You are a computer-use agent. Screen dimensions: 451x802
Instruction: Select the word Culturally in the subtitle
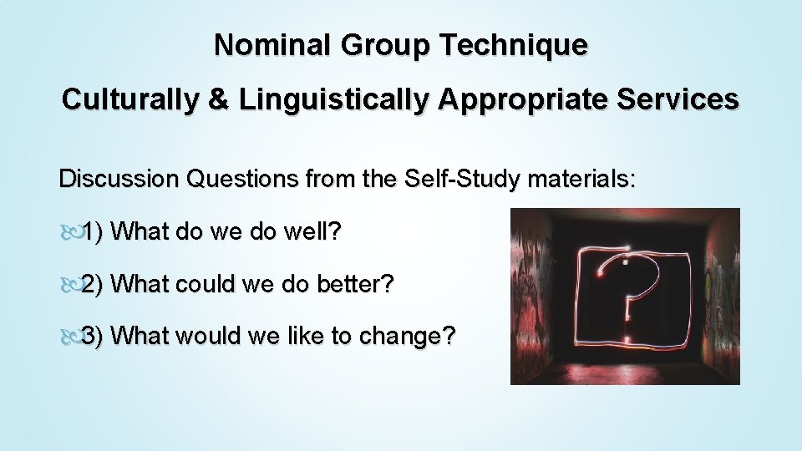pyautogui.click(x=130, y=99)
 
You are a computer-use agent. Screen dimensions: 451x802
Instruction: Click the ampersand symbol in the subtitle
pyautogui.click(x=218, y=99)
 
